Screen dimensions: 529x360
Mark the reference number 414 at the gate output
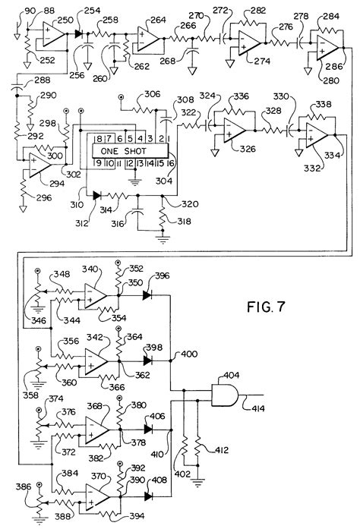coord(258,411)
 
